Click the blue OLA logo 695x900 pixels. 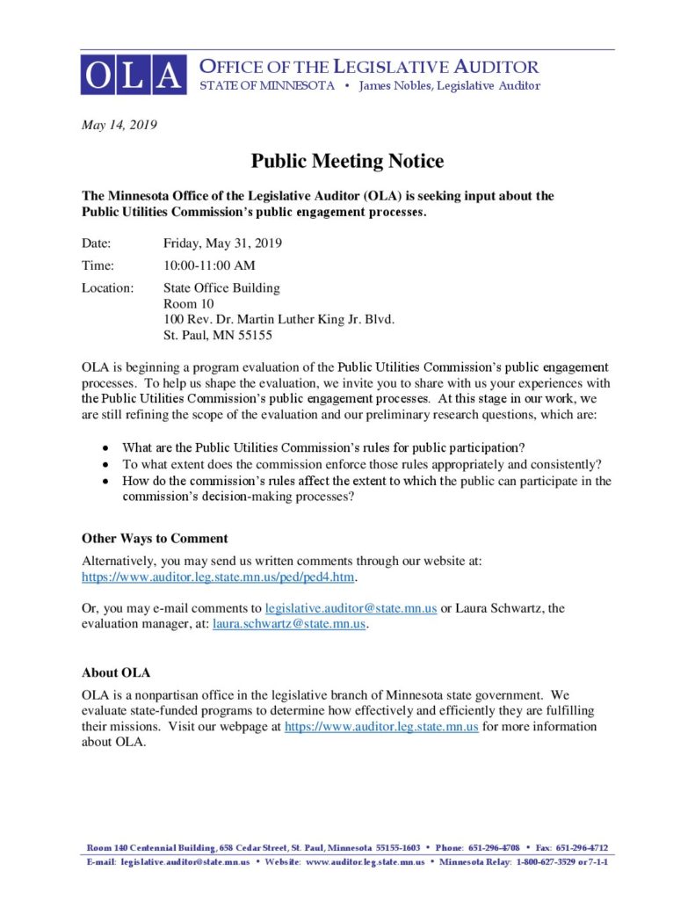point(134,75)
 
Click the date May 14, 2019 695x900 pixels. point(119,126)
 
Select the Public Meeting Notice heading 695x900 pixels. point(347,161)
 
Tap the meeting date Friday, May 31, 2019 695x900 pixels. point(222,243)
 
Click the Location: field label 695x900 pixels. point(108,287)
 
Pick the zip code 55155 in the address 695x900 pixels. point(267,335)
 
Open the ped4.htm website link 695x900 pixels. point(220,577)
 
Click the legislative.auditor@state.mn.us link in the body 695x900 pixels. point(351,608)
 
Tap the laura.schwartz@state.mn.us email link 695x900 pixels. point(288,624)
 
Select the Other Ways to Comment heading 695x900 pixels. point(155,538)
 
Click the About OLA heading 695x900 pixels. point(116,672)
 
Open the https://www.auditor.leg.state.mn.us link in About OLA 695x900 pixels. point(381,727)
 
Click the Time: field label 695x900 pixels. point(98,265)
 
